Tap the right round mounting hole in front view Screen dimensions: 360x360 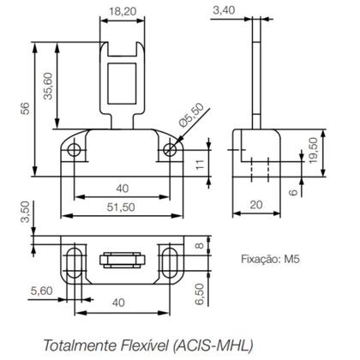pyautogui.click(x=171, y=151)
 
